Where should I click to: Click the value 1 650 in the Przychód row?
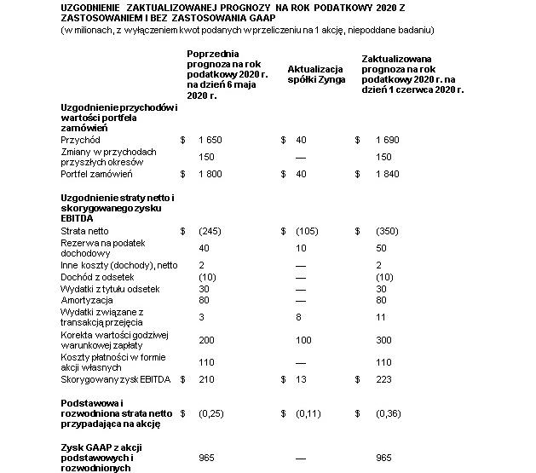210,139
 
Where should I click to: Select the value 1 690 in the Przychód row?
387,139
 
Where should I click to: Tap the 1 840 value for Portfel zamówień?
387,175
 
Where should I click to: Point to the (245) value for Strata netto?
210,230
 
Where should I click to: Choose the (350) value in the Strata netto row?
387,230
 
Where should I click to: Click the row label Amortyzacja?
87,300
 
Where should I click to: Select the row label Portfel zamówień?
95,175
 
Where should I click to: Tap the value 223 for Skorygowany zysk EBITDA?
384,378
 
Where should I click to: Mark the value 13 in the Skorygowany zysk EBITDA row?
300,378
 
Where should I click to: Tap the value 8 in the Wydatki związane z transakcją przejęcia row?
298,316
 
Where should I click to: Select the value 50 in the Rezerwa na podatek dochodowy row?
382,247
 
